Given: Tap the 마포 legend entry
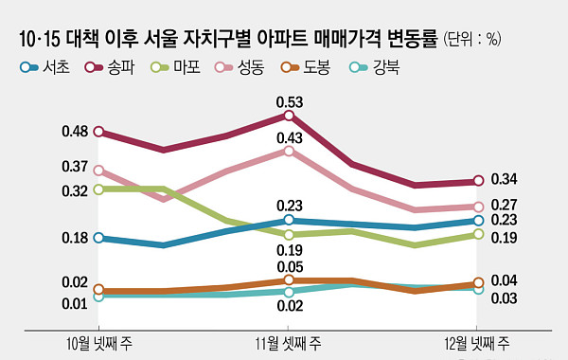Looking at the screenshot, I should point(180,67).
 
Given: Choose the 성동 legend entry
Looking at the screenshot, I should point(245,67).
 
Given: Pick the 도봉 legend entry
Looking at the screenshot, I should point(311,67).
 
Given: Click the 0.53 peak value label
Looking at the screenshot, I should point(289,101).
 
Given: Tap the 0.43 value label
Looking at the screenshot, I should point(289,138).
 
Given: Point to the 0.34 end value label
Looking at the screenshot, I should point(504,180).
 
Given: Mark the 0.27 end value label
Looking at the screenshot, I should point(504,205).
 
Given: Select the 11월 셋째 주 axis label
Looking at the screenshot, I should point(289,343).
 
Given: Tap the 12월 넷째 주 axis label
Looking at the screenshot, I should point(478,343).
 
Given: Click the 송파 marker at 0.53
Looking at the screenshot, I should point(289,116).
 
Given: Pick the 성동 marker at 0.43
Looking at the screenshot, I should point(289,150).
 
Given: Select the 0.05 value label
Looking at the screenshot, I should point(289,267).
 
